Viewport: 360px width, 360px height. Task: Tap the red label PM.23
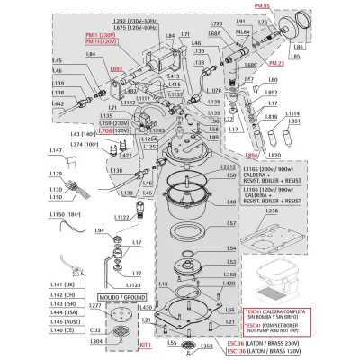(276, 64)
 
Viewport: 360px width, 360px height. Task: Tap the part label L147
(53, 150)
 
